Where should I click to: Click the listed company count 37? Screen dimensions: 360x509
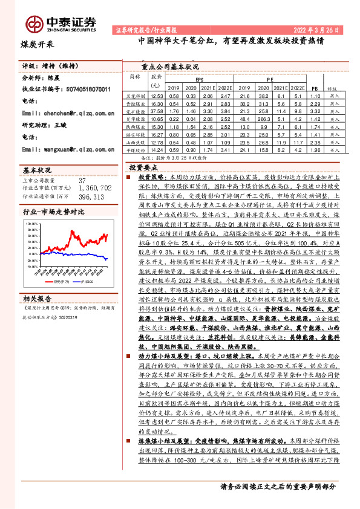click(x=82, y=180)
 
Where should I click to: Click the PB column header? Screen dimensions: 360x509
click(x=313, y=87)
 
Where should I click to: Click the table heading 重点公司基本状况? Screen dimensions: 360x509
click(x=169, y=67)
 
